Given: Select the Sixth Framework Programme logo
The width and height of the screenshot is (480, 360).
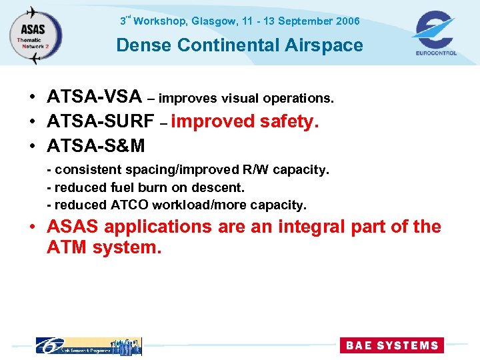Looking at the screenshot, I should [88, 345].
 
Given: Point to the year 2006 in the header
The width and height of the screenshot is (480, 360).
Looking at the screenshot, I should [347, 21].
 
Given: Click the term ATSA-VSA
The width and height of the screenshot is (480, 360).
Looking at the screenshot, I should [94, 98].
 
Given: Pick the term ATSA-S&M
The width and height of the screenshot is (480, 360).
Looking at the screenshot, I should [96, 145].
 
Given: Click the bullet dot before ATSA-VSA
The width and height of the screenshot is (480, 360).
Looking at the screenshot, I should [33, 99].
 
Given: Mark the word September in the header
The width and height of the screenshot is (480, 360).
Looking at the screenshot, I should [305, 21].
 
